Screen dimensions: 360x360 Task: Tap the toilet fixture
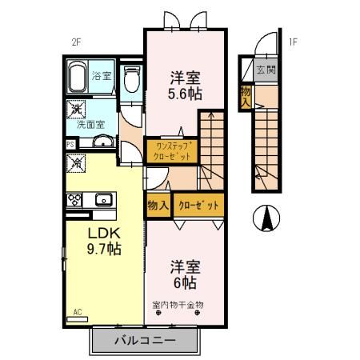pyautogui.click(x=131, y=80)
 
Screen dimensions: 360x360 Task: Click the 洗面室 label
pyautogui.click(x=90, y=125)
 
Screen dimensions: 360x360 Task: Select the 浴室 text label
pyautogui.click(x=102, y=77)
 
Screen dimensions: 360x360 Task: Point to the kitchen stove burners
pyautogui.click(x=77, y=199)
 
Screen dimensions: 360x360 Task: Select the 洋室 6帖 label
pyautogui.click(x=184, y=274)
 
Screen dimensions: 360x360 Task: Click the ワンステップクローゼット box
pyautogui.click(x=170, y=151)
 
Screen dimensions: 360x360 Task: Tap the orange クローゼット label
pyautogui.click(x=198, y=206)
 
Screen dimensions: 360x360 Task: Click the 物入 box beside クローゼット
pyautogui.click(x=157, y=206)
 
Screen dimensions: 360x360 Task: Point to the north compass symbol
pyautogui.click(x=267, y=216)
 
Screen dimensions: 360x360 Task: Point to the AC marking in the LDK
pyautogui.click(x=78, y=311)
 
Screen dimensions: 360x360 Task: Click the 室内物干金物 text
pyautogui.click(x=178, y=304)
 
